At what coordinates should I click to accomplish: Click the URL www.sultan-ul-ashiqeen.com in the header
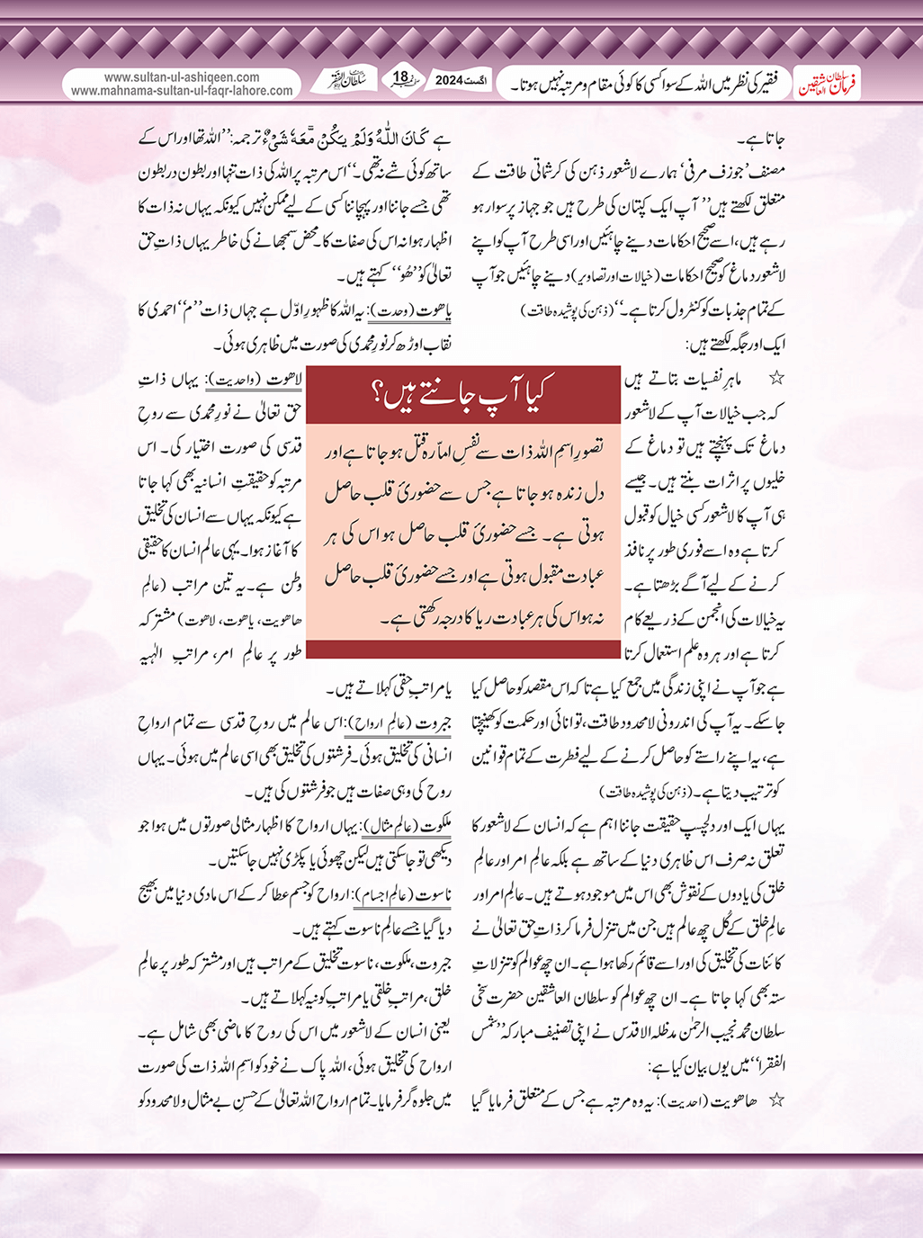coord(182,77)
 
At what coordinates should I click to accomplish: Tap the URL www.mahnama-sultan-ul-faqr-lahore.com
coord(182,91)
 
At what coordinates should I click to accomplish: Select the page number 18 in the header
coord(401,78)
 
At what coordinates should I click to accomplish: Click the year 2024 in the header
coord(448,81)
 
